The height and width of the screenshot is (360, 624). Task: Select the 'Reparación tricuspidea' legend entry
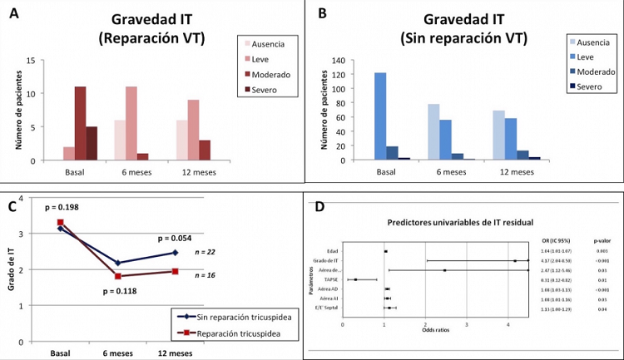pyautogui.click(x=226, y=333)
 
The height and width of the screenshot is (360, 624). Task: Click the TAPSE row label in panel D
pyautogui.click(x=332, y=280)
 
